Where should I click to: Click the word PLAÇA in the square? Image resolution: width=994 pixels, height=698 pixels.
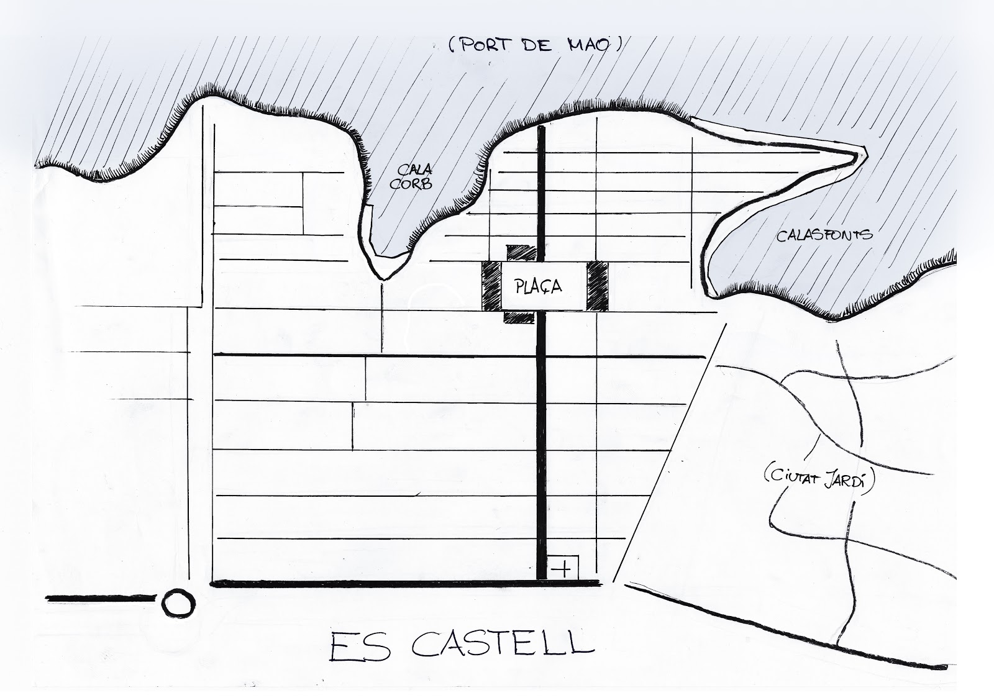pyautogui.click(x=539, y=286)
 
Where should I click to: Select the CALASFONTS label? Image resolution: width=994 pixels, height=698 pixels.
pyautogui.click(x=824, y=234)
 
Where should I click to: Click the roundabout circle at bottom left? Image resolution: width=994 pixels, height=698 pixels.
pyautogui.click(x=179, y=601)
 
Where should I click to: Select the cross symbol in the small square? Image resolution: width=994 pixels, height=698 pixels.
pyautogui.click(x=562, y=569)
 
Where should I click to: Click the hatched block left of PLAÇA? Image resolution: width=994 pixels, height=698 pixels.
pyautogui.click(x=491, y=286)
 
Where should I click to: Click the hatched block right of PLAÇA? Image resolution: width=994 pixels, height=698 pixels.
pyautogui.click(x=597, y=286)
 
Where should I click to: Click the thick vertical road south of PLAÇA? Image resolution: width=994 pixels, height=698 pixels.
pyautogui.click(x=540, y=435)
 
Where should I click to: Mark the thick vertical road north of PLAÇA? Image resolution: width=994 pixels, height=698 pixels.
pyautogui.click(x=541, y=186)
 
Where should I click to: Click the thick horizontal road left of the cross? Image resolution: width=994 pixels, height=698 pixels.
pyautogui.click(x=373, y=583)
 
